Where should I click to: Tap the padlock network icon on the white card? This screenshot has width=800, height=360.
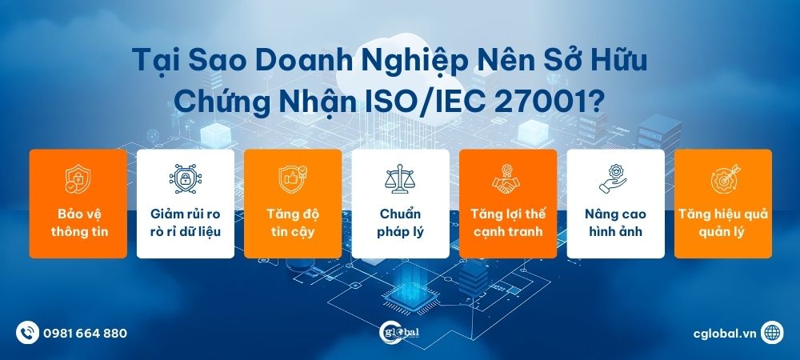click(x=185, y=178)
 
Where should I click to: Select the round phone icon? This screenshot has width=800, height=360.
click(x=28, y=332)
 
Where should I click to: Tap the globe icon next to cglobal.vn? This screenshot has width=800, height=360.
click(x=773, y=332)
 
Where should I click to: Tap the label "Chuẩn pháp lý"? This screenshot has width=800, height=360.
click(x=400, y=223)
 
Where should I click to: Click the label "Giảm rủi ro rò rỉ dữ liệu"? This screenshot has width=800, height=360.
click(x=185, y=223)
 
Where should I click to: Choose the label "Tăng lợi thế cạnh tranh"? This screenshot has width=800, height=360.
click(x=507, y=223)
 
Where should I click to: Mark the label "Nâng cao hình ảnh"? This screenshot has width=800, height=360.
click(x=615, y=223)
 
